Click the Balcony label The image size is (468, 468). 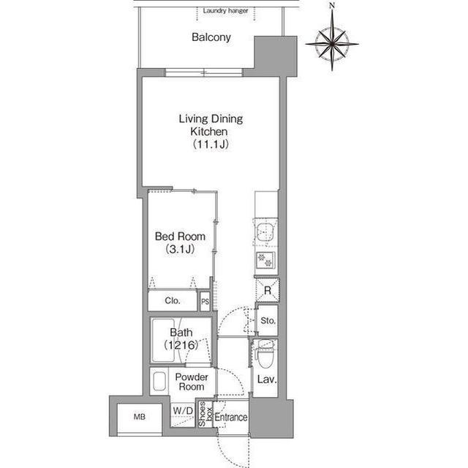[x=212, y=37]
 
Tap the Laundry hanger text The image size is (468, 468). [x=224, y=11]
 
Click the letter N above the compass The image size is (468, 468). [x=332, y=6]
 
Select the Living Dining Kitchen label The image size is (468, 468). [x=211, y=125]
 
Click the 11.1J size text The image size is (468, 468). [x=211, y=145]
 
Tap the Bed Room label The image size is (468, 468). [x=180, y=237]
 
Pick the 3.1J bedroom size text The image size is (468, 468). [x=180, y=250]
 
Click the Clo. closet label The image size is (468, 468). [x=173, y=300]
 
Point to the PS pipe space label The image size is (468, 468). [x=205, y=300]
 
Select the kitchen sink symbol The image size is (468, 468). [x=265, y=234]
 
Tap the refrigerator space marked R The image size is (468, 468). [x=268, y=290]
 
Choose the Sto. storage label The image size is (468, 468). [x=268, y=320]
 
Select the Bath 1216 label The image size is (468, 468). [x=181, y=338]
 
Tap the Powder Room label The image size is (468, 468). [x=192, y=382]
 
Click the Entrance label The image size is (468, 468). [x=232, y=417]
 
